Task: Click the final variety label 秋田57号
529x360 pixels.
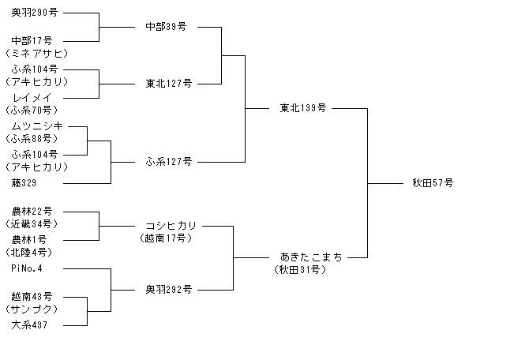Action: [433, 183]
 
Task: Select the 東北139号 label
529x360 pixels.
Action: [303, 108]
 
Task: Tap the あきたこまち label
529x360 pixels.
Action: [311, 257]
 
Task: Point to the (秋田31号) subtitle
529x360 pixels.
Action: [300, 270]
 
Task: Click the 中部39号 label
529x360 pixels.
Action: [166, 26]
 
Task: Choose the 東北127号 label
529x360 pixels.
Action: [169, 84]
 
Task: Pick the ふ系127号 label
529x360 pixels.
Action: [169, 162]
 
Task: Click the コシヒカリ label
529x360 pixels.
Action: [171, 225]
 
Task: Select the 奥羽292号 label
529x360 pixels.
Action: [169, 290]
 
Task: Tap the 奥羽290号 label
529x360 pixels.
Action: [35, 13]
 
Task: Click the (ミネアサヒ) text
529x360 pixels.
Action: [37, 54]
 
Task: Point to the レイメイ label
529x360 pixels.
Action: [32, 98]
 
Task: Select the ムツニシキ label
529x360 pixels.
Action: [37, 126]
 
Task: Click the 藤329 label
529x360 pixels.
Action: [24, 183]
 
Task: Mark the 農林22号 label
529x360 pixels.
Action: [32, 212]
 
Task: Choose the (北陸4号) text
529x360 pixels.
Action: [29, 253]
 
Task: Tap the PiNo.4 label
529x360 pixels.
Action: [27, 268]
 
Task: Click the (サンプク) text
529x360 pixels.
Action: [32, 309]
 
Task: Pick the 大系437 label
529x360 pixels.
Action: [29, 325]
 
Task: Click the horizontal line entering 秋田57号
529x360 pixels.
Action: [385, 183]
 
